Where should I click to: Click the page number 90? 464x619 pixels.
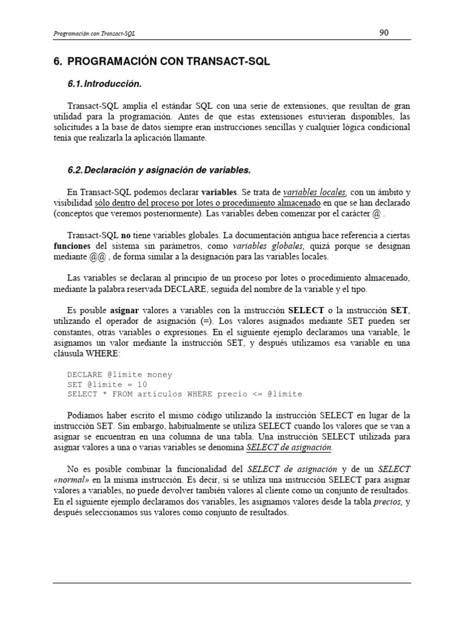pyautogui.click(x=384, y=33)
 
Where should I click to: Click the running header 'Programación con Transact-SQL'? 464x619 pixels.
pyautogui.click(x=94, y=34)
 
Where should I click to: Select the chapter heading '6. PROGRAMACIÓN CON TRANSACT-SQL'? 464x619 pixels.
pyautogui.click(x=161, y=62)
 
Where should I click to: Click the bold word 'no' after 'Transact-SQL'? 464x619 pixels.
pyautogui.click(x=126, y=235)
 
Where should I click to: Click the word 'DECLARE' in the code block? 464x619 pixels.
pyautogui.click(x=85, y=375)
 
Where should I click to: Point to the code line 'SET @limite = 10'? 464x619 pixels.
pyautogui.click(x=108, y=384)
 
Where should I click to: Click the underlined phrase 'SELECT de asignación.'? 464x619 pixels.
pyautogui.click(x=289, y=448)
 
